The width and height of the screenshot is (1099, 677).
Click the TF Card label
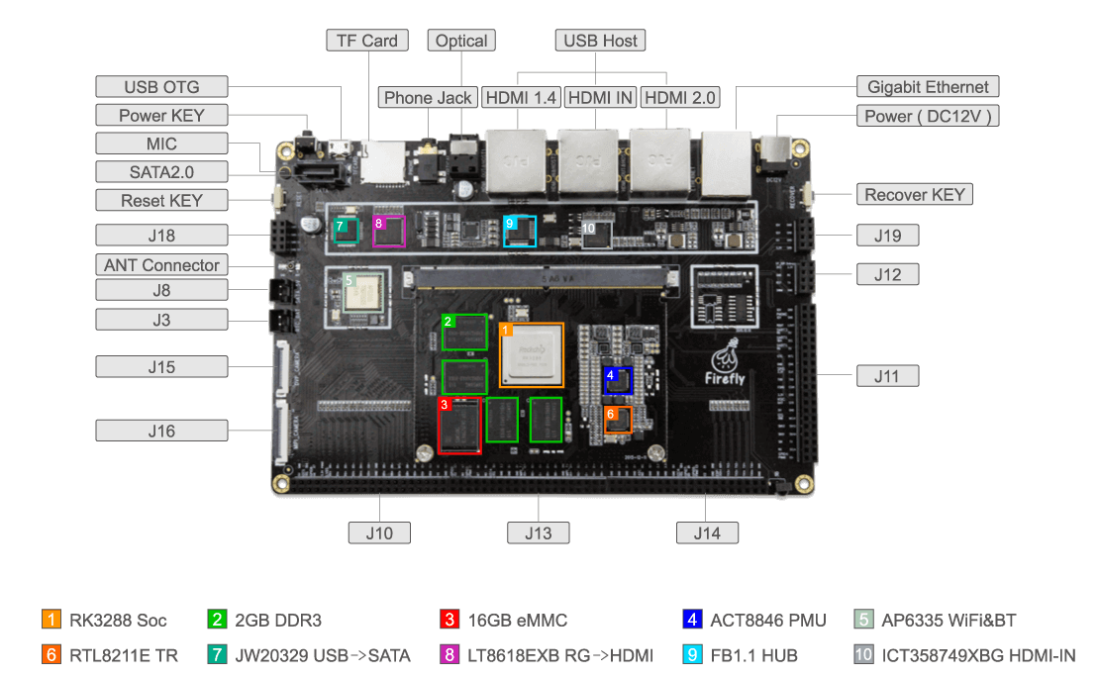(366, 41)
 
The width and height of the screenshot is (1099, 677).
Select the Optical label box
(461, 41)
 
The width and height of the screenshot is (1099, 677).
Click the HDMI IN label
(601, 98)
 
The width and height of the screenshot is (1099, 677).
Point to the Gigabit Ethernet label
(928, 87)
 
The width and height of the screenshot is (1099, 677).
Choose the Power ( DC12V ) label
(928, 116)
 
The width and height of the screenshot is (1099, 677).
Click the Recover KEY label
(914, 195)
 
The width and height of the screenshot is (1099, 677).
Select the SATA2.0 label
(161, 172)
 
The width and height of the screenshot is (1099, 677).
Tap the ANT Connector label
(161, 265)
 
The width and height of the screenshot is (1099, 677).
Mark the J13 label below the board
(539, 532)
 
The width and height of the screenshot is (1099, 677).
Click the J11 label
(887, 376)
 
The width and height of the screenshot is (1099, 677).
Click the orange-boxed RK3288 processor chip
(532, 355)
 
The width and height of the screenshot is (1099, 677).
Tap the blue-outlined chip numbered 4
(618, 381)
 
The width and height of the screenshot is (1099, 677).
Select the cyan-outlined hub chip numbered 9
(520, 231)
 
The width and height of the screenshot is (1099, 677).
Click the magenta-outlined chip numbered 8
(388, 231)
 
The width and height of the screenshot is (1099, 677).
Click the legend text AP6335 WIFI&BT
(948, 621)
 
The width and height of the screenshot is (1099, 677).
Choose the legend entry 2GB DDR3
(278, 621)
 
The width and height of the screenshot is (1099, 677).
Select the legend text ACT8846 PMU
(767, 621)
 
